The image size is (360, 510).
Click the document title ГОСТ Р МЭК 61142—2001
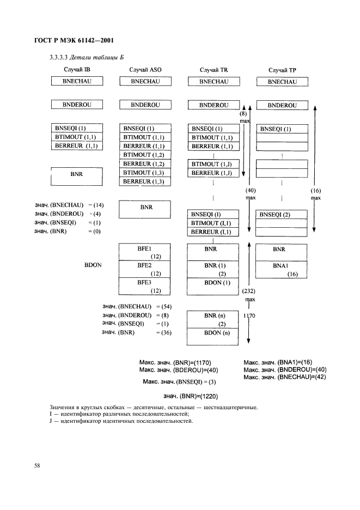pyautogui.click(x=74, y=40)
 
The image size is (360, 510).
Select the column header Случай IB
pyautogui.click(x=77, y=69)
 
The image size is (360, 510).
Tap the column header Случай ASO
pyautogui.click(x=145, y=70)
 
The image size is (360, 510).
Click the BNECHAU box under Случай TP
pyautogui.click(x=282, y=82)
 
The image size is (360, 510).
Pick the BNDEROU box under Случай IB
pyautogui.click(x=77, y=105)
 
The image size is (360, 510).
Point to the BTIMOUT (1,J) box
pyautogui.click(x=213, y=164)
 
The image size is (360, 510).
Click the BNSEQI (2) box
pyautogui.click(x=281, y=214)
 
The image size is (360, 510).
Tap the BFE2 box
pyautogui.click(x=144, y=269)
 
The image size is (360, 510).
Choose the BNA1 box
pyautogui.click(x=281, y=270)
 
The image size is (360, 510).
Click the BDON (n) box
pyautogui.click(x=213, y=337)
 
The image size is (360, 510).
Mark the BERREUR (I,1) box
pyautogui.click(x=213, y=232)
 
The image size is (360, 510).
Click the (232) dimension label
pyautogui.click(x=249, y=291)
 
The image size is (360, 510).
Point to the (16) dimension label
pyautogui.click(x=316, y=191)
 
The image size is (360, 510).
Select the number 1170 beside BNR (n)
pyautogui.click(x=249, y=315)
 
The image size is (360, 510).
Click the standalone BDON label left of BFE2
pyautogui.click(x=93, y=265)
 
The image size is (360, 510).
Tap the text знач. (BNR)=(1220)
pyautogui.click(x=191, y=396)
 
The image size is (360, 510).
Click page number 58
pyautogui.click(x=37, y=465)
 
